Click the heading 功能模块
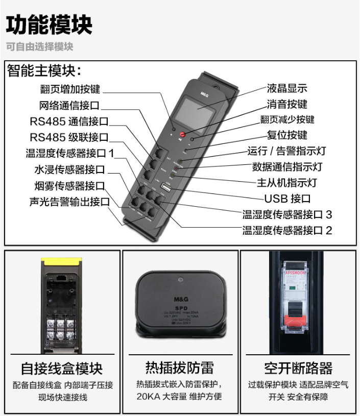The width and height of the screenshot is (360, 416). [x=49, y=24]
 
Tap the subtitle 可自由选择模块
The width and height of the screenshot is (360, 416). [x=40, y=47]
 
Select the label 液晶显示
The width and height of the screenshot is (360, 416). [x=287, y=88]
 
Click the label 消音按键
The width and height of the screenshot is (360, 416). [x=287, y=104]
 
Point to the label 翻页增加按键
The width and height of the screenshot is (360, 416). [x=70, y=89]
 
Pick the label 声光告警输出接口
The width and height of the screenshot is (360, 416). [x=69, y=202]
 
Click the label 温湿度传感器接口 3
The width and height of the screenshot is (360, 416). [x=287, y=214]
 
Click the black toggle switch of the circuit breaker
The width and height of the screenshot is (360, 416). [x=296, y=309]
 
